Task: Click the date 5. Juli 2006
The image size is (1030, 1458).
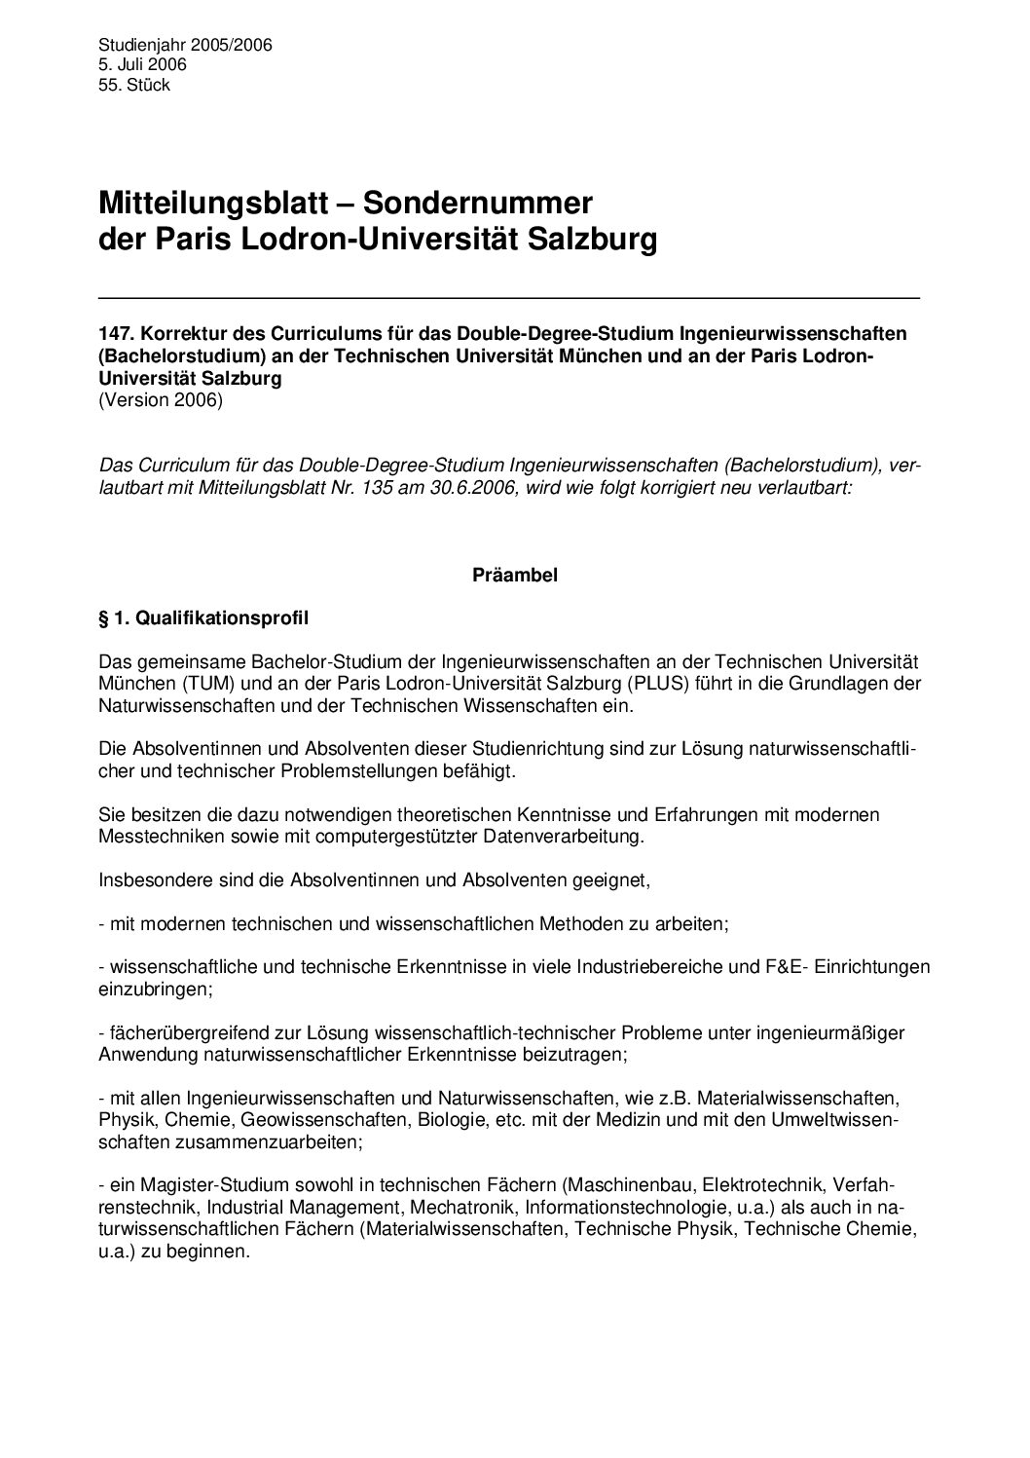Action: coord(142,64)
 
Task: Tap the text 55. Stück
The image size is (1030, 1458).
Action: coord(134,85)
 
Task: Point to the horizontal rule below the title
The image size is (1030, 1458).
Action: coord(509,297)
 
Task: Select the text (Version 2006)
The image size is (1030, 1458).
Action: coord(161,400)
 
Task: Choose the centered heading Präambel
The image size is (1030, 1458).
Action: coord(515,576)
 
